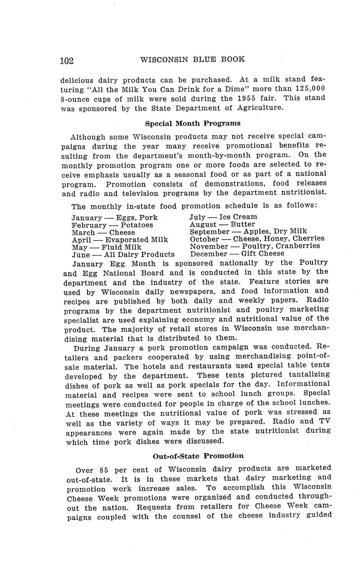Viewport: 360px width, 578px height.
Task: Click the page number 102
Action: click(x=67, y=61)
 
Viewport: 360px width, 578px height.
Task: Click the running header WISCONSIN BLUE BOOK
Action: click(x=192, y=59)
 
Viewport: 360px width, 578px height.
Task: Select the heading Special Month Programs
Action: click(x=193, y=123)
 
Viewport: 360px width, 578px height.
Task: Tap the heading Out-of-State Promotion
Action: click(x=198, y=456)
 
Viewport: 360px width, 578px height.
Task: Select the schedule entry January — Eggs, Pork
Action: click(x=114, y=218)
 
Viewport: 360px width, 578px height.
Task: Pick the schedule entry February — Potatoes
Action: click(x=112, y=225)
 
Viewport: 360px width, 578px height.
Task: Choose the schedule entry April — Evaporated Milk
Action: click(x=120, y=240)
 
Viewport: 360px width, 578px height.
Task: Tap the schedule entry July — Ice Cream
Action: click(x=223, y=217)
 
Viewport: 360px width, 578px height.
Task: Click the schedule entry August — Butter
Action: click(x=222, y=224)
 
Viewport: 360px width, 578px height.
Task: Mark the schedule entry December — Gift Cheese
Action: click(x=237, y=253)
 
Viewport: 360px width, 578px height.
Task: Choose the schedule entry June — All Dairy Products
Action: click(x=123, y=254)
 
